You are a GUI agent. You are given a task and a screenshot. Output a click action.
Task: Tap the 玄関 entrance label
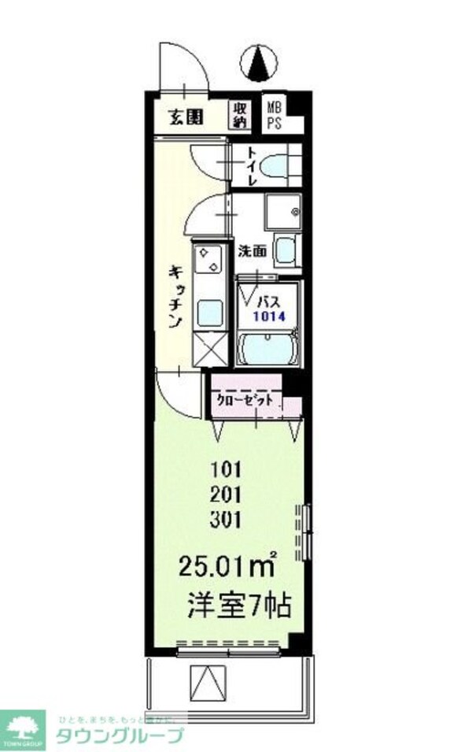pos(186,118)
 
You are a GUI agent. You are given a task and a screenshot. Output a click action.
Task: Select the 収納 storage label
pos(240,115)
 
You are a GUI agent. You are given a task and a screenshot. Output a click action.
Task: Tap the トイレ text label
pos(253,167)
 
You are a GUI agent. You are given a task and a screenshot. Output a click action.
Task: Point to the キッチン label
pos(175,296)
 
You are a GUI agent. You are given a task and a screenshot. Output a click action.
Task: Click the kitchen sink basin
pos(209,313)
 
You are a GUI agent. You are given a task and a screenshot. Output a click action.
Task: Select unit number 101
pos(225,470)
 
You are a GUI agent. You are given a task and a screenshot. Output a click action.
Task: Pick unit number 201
pos(225,495)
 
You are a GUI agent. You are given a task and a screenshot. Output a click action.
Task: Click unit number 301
pos(225,519)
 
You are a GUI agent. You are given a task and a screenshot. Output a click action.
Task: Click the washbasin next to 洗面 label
pos(285,250)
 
